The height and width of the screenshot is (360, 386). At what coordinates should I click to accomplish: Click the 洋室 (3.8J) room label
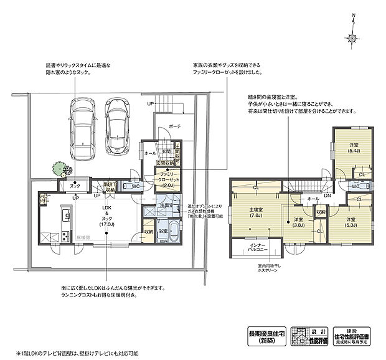click(x=299, y=222)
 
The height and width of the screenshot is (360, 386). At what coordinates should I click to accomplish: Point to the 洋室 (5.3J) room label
click(x=351, y=222)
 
